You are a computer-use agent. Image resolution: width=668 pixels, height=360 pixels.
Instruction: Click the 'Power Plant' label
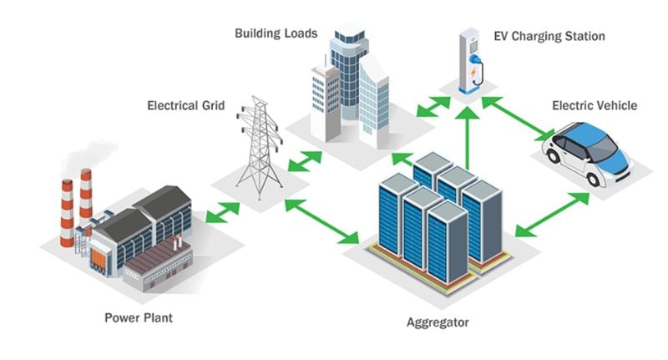(x=138, y=318)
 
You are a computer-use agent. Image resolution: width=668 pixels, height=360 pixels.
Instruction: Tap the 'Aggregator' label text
(x=438, y=322)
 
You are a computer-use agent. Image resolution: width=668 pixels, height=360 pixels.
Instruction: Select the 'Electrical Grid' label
(x=185, y=106)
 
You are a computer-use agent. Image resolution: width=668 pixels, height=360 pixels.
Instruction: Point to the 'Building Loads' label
(x=276, y=34)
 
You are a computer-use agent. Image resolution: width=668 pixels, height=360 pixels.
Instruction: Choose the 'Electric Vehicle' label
(x=595, y=105)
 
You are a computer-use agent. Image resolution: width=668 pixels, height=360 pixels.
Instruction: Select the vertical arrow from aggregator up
(x=468, y=138)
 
